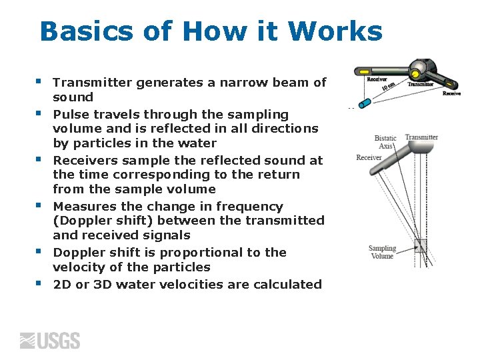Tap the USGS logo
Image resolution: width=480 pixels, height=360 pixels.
(50, 341)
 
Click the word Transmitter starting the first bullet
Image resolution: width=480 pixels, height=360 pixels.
(93, 83)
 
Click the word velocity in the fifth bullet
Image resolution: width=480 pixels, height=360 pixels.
(77, 267)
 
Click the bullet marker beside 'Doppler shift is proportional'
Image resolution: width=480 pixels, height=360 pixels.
(40, 252)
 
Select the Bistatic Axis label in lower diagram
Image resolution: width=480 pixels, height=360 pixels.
(385, 141)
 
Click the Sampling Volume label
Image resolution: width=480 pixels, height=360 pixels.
(382, 252)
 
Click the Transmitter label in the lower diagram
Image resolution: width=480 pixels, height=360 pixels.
(421, 137)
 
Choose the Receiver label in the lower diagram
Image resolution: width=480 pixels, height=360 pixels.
(369, 158)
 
